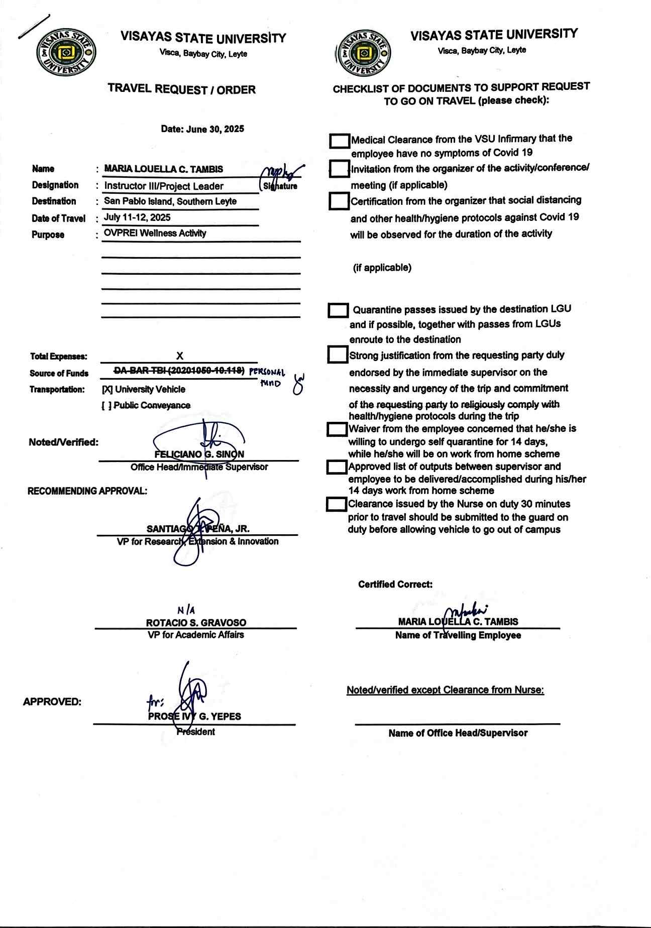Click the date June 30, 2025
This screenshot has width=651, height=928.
click(202, 129)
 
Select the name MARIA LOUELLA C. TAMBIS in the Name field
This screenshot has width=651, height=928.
click(164, 169)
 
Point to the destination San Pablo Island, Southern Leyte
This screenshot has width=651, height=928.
click(170, 201)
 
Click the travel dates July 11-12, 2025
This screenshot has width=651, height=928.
click(137, 217)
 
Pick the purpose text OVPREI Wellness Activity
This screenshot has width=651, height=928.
click(155, 233)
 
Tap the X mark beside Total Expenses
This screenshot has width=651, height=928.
click(179, 356)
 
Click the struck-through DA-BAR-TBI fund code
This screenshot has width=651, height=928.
click(179, 371)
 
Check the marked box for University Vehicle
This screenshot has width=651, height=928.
click(107, 390)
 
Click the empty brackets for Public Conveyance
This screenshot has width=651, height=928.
click(106, 406)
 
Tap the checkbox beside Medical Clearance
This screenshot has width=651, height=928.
click(340, 141)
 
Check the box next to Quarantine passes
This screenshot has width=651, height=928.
click(338, 310)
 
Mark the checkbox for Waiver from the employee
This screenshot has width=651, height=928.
click(337, 429)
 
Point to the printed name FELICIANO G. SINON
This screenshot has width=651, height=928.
click(199, 454)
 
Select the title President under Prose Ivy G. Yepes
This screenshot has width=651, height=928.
click(196, 732)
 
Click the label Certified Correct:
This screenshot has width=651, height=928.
click(395, 585)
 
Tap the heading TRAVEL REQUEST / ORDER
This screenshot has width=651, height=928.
click(181, 89)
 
